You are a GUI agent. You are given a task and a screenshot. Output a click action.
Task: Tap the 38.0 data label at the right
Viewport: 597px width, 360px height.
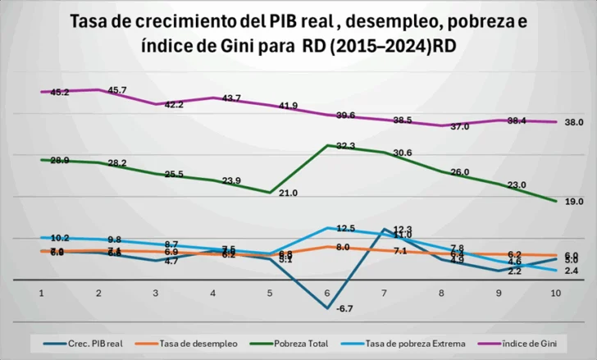[x=573, y=122]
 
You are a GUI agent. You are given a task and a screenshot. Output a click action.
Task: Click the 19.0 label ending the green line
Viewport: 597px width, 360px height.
[x=573, y=201]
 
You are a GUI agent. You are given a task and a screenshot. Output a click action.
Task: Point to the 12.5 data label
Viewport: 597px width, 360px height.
[x=345, y=229]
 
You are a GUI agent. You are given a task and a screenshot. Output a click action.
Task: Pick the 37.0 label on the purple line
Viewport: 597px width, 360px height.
[x=458, y=127]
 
